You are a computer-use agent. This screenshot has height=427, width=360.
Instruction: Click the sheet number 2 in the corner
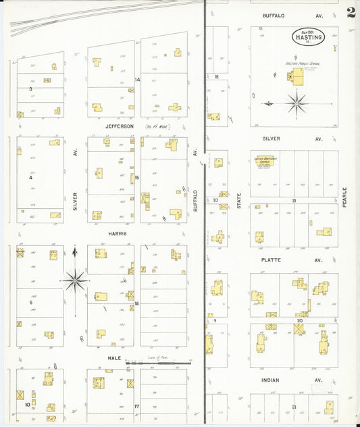351,12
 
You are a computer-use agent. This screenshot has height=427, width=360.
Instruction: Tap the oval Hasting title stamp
307,36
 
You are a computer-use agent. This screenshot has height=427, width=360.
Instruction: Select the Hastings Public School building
294,78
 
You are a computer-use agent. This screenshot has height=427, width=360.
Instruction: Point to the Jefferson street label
120,126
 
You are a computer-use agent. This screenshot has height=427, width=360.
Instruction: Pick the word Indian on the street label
274,380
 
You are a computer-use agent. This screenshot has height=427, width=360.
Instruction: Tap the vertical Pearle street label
344,197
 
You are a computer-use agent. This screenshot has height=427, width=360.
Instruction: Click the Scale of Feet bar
157,363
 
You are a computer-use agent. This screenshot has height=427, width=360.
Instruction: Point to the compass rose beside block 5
74,278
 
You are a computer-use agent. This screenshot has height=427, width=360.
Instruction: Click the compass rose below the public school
296,103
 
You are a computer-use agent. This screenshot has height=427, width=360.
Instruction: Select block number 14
137,80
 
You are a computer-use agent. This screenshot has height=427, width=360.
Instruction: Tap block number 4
30,178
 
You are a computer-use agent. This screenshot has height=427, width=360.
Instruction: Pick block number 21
294,406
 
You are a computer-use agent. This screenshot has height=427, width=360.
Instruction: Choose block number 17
137,406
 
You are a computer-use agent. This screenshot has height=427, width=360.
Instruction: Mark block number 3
30,89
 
